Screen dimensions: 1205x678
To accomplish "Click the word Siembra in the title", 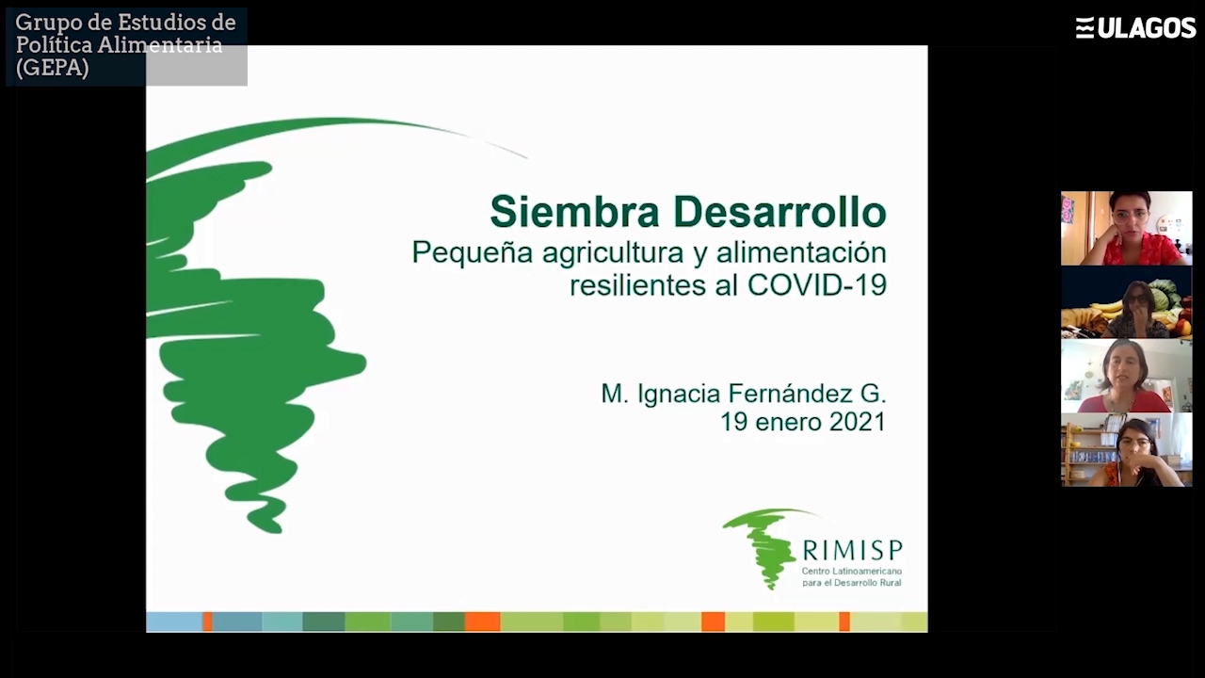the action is [574, 212].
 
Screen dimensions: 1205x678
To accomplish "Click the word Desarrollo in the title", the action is [779, 212].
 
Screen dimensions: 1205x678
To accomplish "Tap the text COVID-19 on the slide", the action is [816, 285].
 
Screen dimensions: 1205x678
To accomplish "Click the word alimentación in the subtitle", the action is [801, 251].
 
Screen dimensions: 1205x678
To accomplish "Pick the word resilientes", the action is [637, 285].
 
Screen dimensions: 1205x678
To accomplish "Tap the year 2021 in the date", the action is [857, 422].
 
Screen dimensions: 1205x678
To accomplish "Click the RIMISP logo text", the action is [852, 550].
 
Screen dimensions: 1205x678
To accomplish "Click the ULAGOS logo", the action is [1135, 27].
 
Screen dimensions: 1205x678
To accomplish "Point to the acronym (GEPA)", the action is [52, 68].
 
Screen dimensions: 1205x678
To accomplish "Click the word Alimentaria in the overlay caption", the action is [159, 44].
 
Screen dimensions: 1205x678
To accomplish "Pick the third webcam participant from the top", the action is [1127, 376].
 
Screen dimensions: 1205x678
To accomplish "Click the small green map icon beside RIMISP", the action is [763, 546].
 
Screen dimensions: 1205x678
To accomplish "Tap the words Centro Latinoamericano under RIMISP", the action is [852, 571].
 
